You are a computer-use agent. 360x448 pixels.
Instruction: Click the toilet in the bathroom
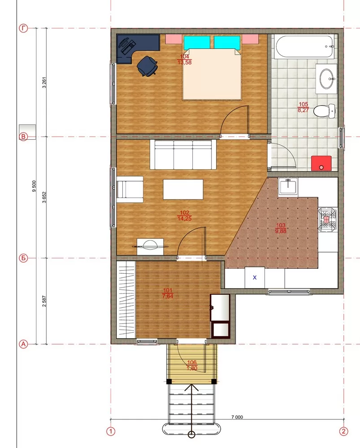pyautogui.click(x=324, y=111)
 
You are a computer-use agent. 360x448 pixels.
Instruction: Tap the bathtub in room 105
pyautogui.click(x=305, y=47)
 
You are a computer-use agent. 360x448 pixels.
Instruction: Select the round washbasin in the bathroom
pyautogui.click(x=326, y=78)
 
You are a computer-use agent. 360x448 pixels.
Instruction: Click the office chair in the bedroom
pyautogui.click(x=147, y=66)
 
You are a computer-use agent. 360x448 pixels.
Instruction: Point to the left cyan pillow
pyautogui.click(x=197, y=42)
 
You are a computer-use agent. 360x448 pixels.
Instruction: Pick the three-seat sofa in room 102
pyautogui.click(x=183, y=155)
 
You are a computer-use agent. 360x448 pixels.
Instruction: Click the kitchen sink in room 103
pyautogui.click(x=288, y=186)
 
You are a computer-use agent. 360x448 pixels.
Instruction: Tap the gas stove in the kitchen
pyautogui.click(x=327, y=218)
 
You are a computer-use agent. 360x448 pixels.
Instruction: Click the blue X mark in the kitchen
pyautogui.click(x=255, y=277)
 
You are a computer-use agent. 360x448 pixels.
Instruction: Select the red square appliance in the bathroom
pyautogui.click(x=321, y=163)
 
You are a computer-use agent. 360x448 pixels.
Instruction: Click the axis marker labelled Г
pyautogui.click(x=23, y=28)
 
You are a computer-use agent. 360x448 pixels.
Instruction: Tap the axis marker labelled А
pyautogui.click(x=23, y=344)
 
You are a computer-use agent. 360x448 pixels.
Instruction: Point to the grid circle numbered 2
pyautogui.click(x=343, y=431)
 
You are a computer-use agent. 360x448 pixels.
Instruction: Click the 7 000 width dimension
pyautogui.click(x=237, y=417)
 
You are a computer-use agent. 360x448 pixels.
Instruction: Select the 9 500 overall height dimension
pyautogui.click(x=34, y=186)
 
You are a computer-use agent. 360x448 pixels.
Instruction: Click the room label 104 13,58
pyautogui.click(x=184, y=60)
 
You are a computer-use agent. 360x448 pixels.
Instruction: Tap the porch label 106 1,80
pyautogui.click(x=192, y=366)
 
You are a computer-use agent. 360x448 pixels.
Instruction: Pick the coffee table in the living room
pyautogui.click(x=183, y=189)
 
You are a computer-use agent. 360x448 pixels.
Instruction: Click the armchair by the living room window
pyautogui.click(x=130, y=189)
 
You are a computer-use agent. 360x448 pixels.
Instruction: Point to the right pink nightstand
pyautogui.click(x=251, y=39)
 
